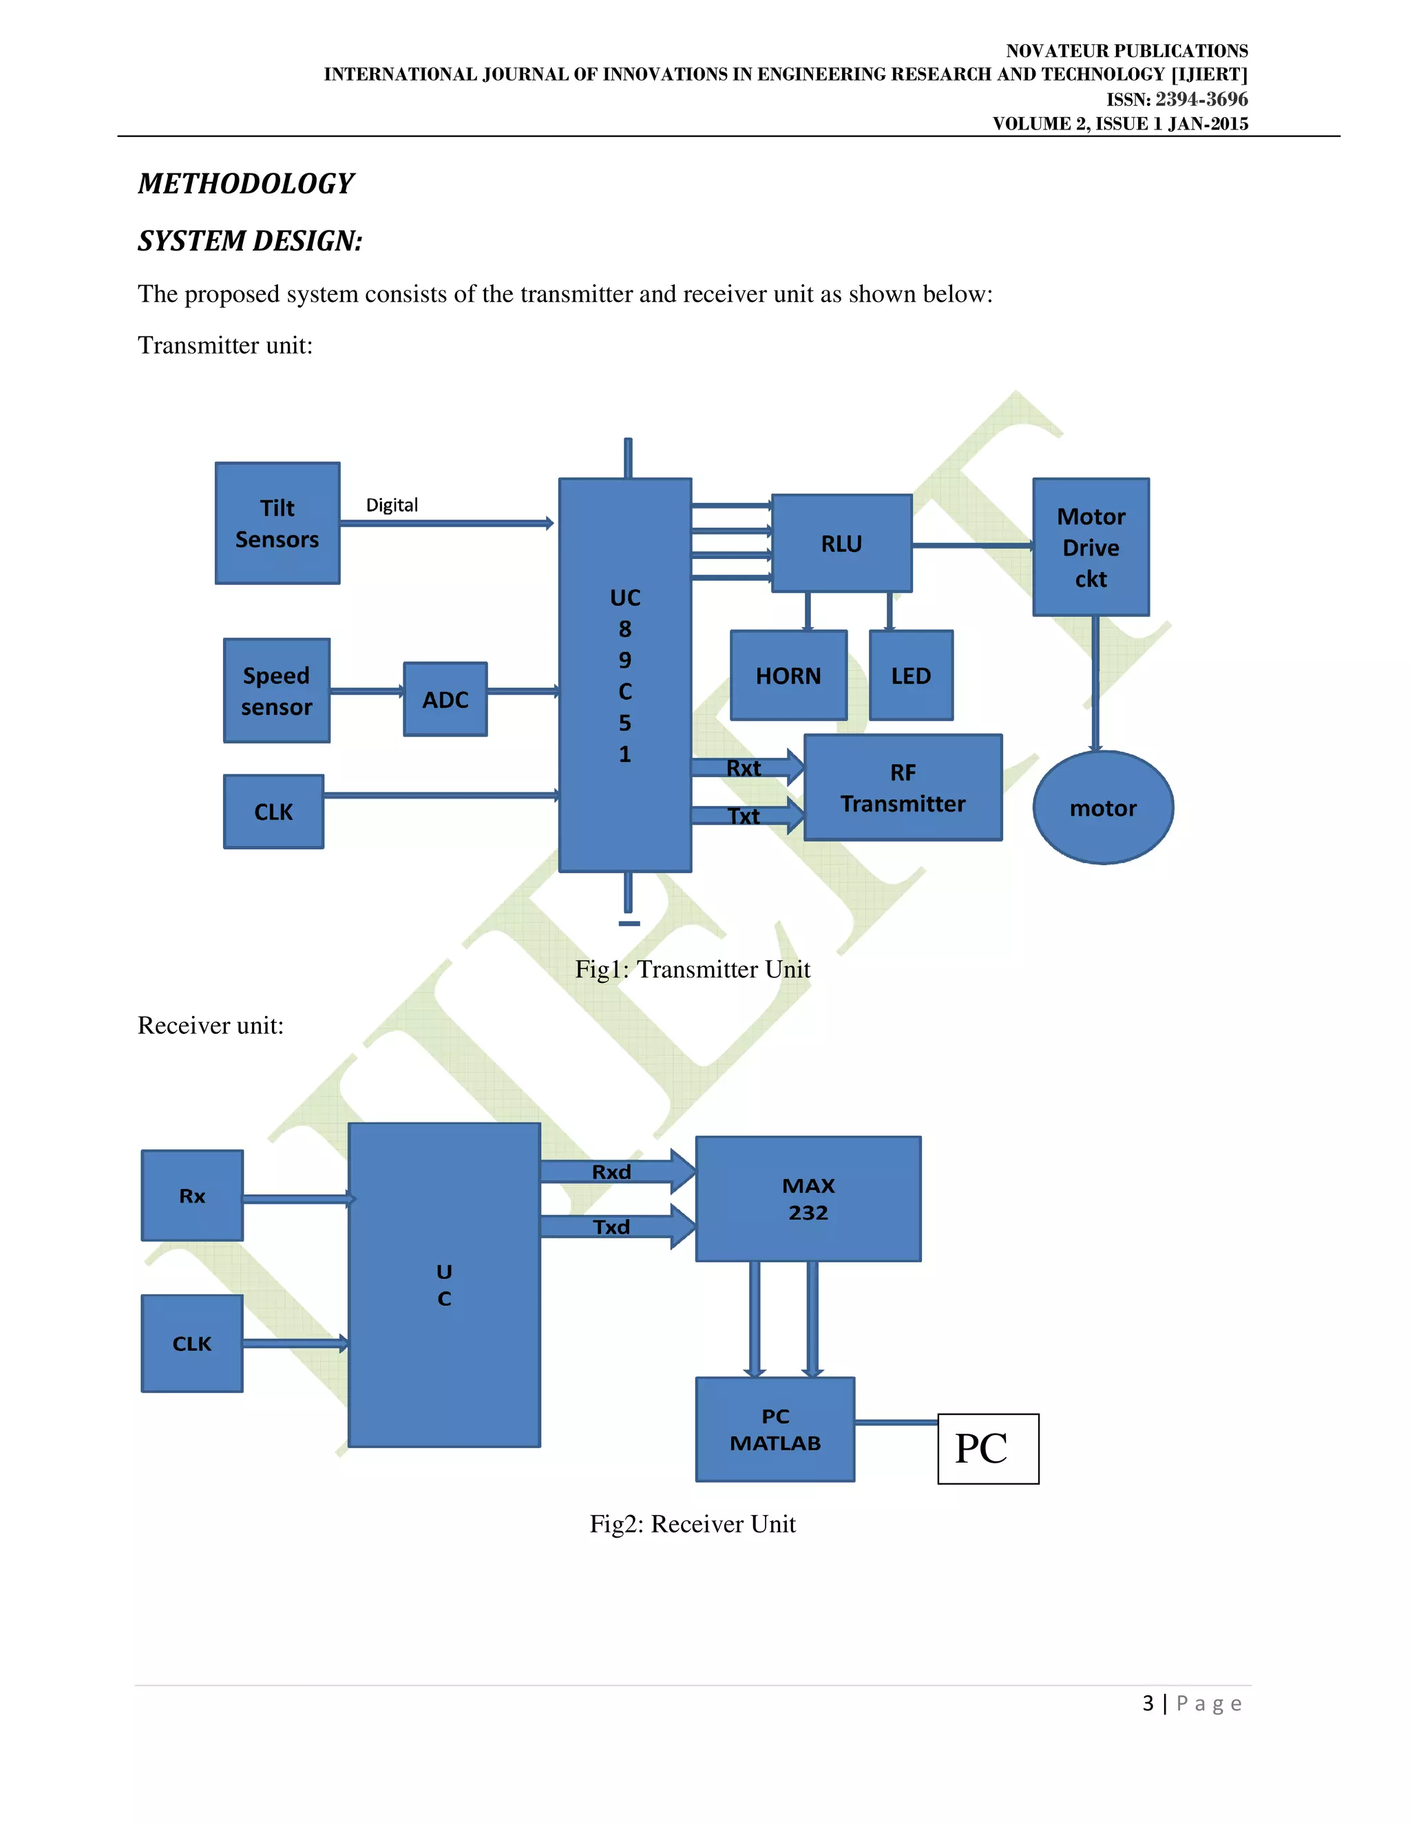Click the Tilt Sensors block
(x=277, y=524)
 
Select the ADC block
(x=445, y=699)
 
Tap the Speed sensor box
(x=277, y=690)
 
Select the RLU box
(x=841, y=544)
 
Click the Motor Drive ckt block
(x=1091, y=547)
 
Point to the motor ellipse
(x=1103, y=807)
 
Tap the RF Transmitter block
(x=902, y=787)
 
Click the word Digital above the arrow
(x=392, y=505)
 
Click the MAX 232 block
(x=808, y=1198)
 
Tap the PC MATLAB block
(x=775, y=1429)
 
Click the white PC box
(x=987, y=1448)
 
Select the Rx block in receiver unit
(x=192, y=1195)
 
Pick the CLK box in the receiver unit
(x=192, y=1343)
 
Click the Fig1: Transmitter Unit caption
(x=693, y=969)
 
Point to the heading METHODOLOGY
(x=246, y=184)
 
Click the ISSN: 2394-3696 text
(x=1176, y=99)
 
